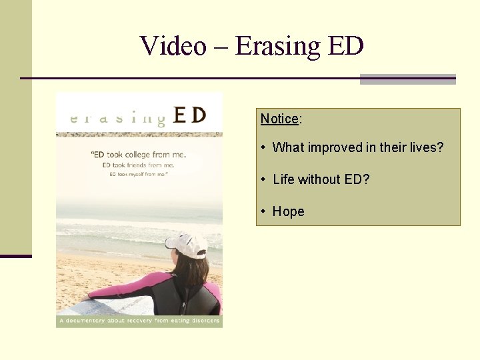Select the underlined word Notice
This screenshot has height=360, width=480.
[x=279, y=119]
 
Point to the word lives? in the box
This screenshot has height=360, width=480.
[x=426, y=147]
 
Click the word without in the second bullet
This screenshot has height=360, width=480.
[x=318, y=179]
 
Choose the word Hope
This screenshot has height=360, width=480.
[x=288, y=211]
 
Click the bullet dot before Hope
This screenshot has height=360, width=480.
[x=265, y=212]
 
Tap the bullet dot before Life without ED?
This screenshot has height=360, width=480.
[x=265, y=180]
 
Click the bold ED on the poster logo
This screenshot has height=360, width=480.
[x=189, y=116]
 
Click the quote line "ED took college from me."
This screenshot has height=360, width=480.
[x=138, y=155]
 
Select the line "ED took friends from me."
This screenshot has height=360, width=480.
[x=138, y=165]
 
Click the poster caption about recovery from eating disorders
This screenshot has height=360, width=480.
[x=139, y=321]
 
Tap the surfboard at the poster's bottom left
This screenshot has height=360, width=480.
[x=80, y=307]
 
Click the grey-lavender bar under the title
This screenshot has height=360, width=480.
[x=407, y=79]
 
